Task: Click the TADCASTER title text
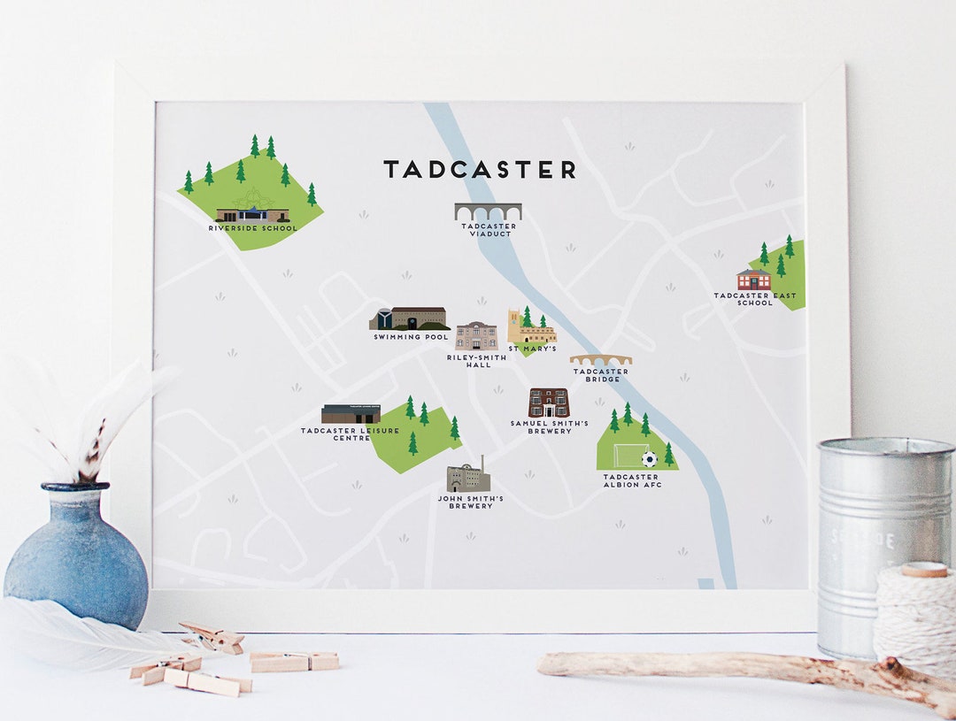point(479,170)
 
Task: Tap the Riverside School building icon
point(252,213)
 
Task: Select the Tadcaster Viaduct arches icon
point(488,211)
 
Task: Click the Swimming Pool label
point(411,337)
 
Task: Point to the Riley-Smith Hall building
point(476,335)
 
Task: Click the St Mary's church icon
point(529,328)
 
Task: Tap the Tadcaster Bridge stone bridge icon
point(600,360)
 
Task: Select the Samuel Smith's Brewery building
point(549,403)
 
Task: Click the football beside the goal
point(649,459)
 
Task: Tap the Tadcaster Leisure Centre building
point(351,414)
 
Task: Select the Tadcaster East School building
point(753,280)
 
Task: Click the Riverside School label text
point(253,228)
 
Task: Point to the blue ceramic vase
point(76,557)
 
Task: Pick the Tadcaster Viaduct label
point(489,230)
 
